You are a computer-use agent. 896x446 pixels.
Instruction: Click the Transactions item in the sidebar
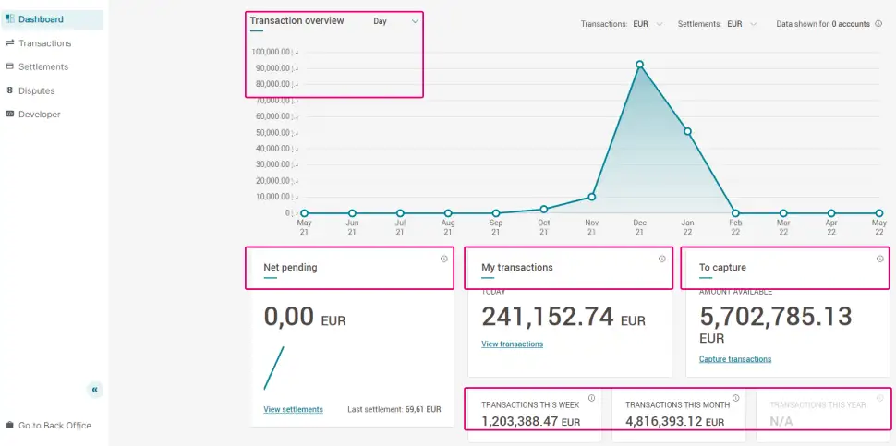coord(44,43)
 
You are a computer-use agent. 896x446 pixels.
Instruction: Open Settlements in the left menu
coord(43,66)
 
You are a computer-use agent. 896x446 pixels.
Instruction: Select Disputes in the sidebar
coord(36,90)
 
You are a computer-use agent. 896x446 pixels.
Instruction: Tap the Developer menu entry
coord(39,115)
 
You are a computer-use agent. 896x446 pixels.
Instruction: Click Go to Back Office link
coord(54,426)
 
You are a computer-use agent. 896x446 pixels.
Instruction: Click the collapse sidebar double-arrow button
coord(95,390)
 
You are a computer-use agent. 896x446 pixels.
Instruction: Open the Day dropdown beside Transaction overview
coord(396,21)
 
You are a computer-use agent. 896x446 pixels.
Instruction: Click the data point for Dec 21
coord(639,65)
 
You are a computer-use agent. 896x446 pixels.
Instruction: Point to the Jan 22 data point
coord(687,131)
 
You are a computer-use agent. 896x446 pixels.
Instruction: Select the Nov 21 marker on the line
coord(592,197)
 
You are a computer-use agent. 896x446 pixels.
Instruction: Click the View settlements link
coord(293,409)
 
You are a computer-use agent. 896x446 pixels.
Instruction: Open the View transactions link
coord(512,344)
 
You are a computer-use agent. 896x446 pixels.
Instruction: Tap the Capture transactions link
coord(735,359)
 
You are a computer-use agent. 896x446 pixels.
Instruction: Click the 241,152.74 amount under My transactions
coord(547,317)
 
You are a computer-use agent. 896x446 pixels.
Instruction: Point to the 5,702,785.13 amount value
coord(775,317)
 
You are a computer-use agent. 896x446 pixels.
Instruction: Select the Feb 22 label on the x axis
coord(735,227)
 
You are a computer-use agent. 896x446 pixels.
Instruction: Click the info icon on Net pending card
coord(443,259)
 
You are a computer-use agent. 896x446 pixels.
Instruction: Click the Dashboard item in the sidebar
coord(41,19)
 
